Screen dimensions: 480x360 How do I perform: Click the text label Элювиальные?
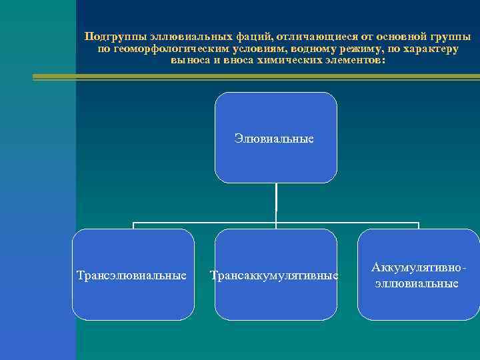[x=274, y=139]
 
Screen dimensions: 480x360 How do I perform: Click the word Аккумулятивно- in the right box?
[x=418, y=268]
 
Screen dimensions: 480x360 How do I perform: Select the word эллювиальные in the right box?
[x=417, y=283]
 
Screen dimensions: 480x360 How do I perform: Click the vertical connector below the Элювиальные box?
[x=276, y=200]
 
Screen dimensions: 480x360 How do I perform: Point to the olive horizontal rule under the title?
[x=253, y=77]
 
